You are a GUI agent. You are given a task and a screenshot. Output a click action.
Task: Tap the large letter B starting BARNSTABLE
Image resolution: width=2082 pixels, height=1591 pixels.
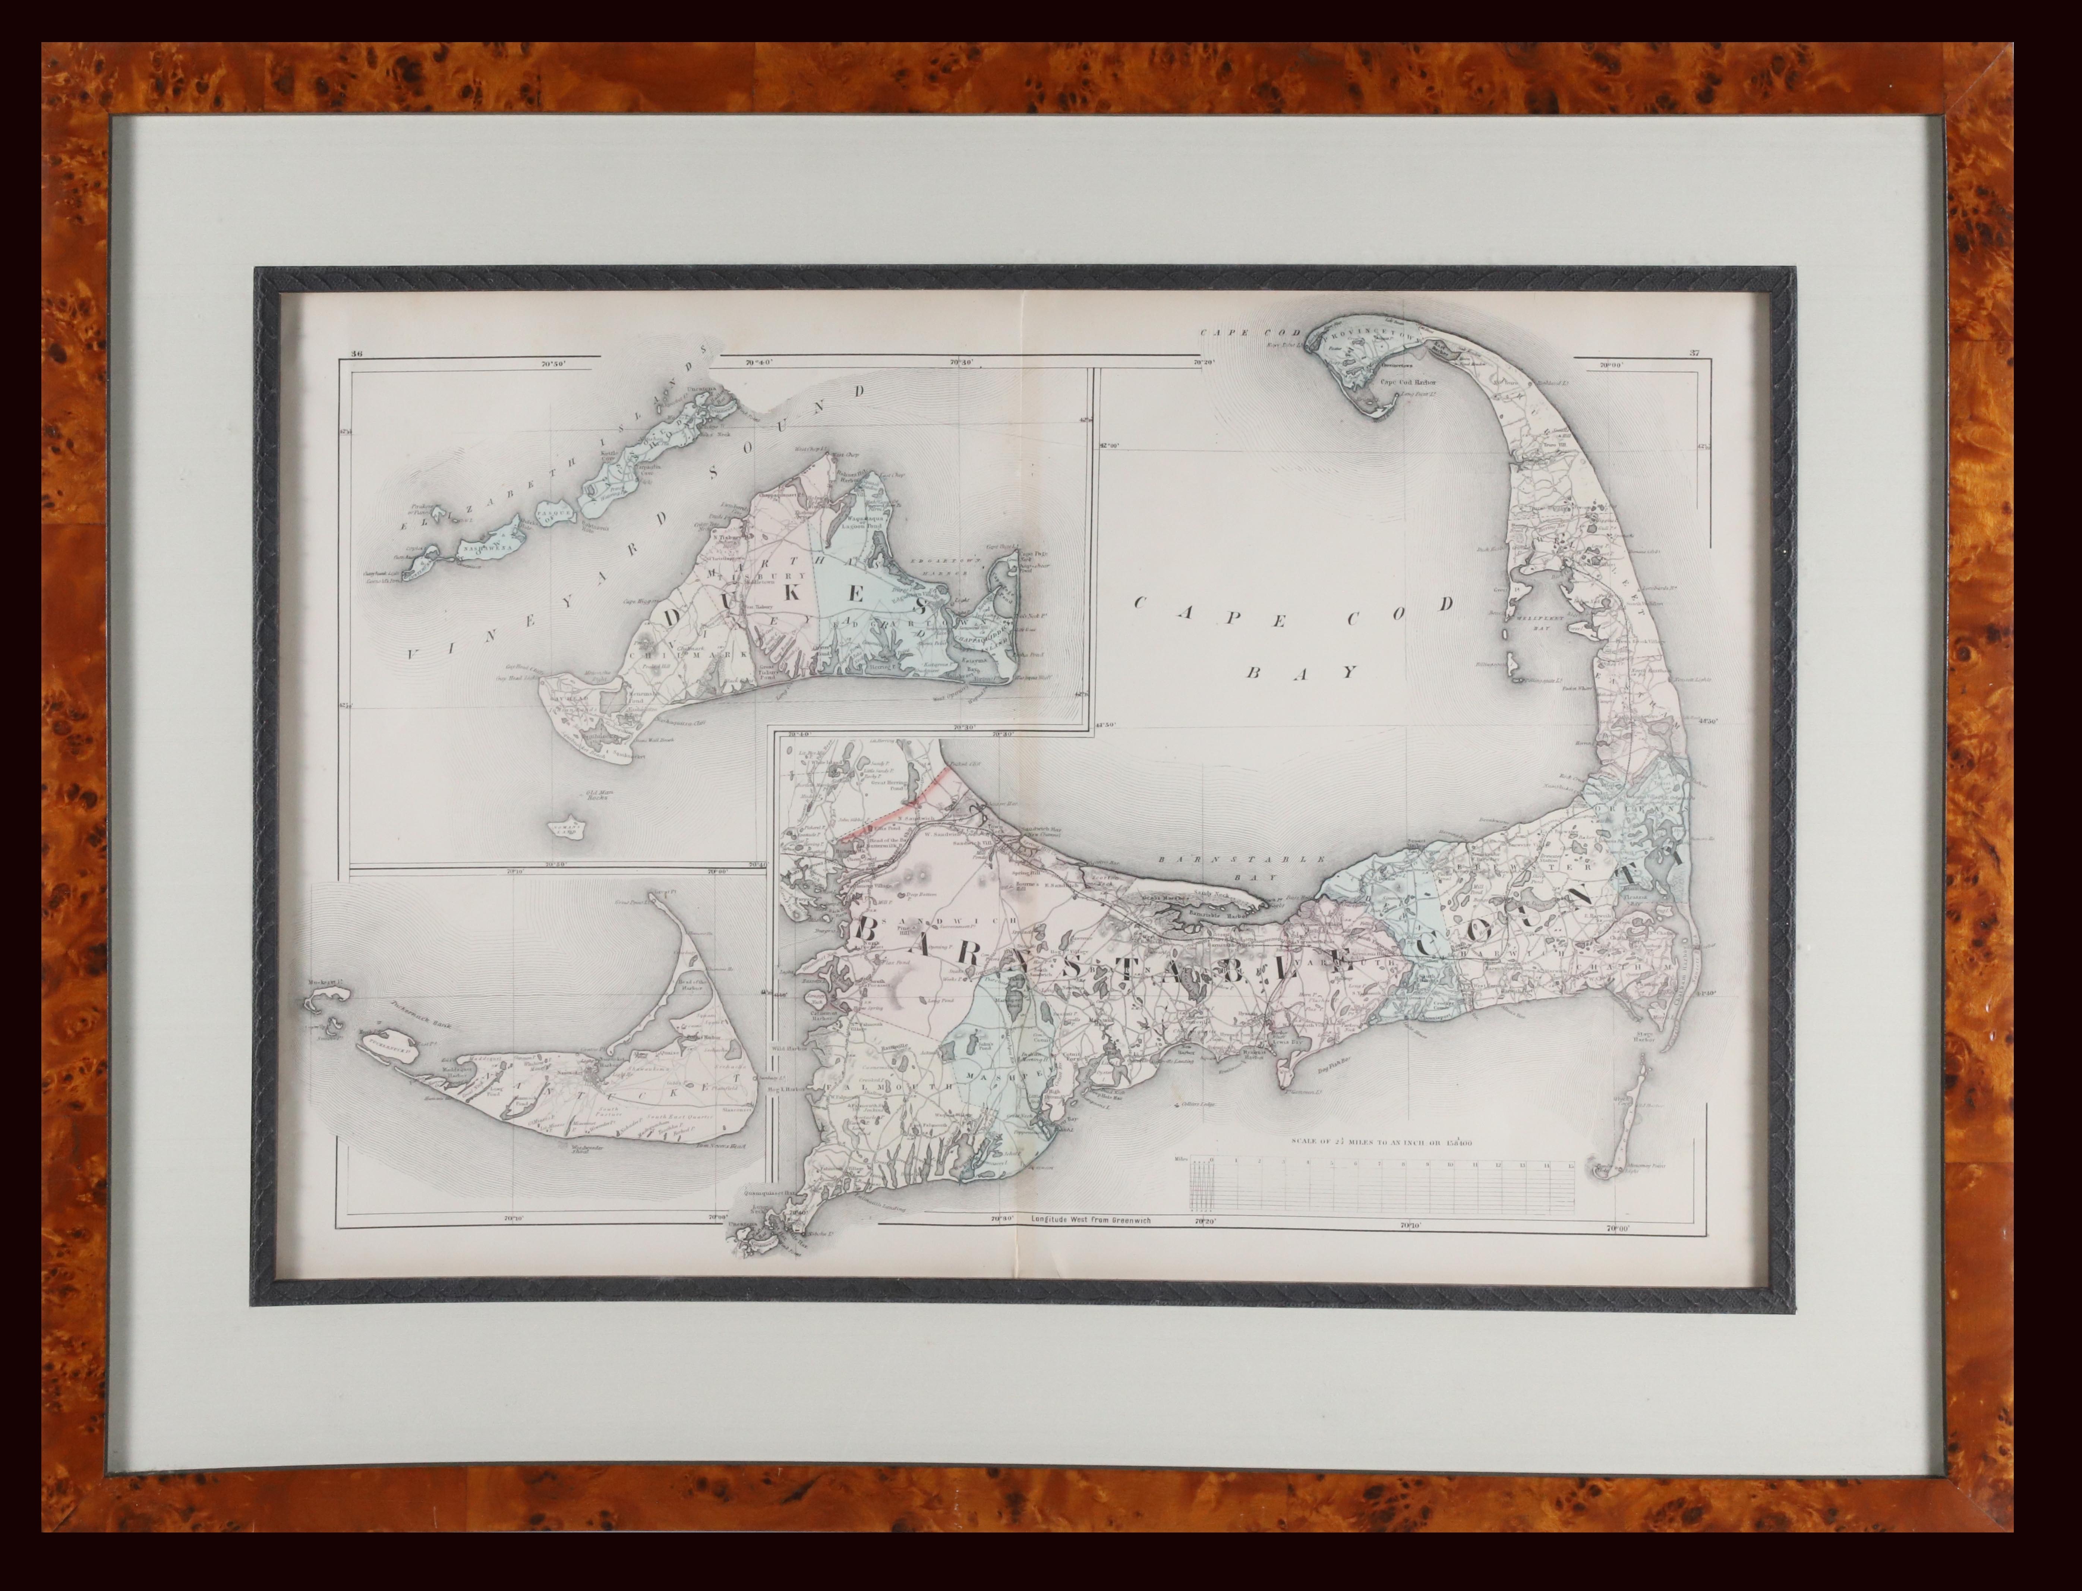(866, 929)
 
